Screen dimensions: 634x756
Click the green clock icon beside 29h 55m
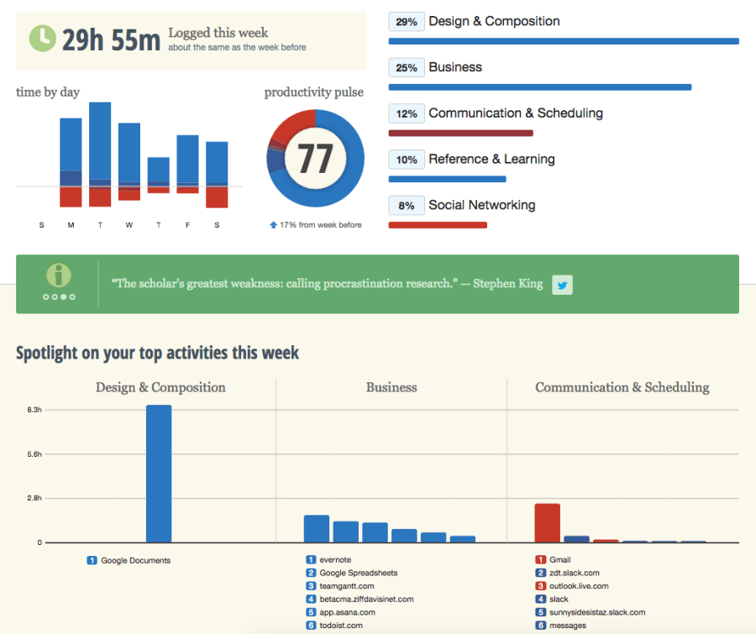point(42,39)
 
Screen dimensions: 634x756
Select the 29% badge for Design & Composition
point(407,23)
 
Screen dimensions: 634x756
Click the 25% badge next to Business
point(407,68)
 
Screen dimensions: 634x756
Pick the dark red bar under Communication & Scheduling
point(460,133)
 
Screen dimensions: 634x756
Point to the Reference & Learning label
point(491,160)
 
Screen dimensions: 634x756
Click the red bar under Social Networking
point(438,225)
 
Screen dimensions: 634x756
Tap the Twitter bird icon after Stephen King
point(562,285)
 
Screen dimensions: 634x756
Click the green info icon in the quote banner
point(59,275)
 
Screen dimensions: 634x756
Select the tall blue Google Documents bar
point(159,474)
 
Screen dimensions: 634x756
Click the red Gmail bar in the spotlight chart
point(547,523)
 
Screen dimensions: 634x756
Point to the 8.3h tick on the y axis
point(34,410)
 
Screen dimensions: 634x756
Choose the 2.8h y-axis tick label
point(34,499)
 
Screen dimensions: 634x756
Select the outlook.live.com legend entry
point(578,586)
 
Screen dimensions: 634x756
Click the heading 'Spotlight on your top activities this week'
point(157,354)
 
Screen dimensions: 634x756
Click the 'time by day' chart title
point(48,92)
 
